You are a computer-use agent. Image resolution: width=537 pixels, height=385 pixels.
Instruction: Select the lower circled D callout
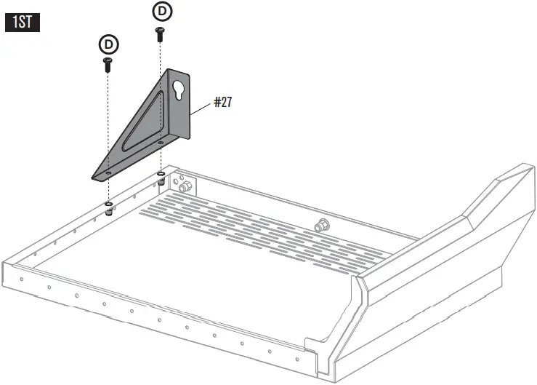[x=108, y=44]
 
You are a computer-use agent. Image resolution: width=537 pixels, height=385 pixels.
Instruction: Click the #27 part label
[x=222, y=103]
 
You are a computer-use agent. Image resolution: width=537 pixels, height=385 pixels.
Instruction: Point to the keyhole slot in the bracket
[x=178, y=87]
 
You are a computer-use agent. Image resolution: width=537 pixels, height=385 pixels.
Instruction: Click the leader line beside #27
[x=201, y=108]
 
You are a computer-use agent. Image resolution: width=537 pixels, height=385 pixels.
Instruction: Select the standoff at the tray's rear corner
[x=160, y=180]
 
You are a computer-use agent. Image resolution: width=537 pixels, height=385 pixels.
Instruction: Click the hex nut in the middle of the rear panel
[x=320, y=225]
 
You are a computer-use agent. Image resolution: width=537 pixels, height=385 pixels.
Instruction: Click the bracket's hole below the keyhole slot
[x=160, y=143]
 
